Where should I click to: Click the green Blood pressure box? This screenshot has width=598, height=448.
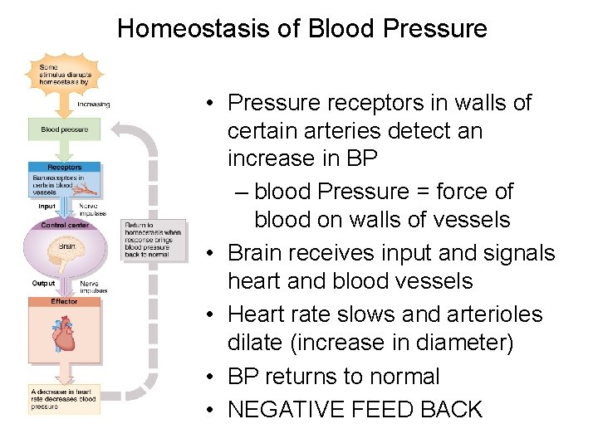[64, 129]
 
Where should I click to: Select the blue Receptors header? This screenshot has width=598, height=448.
[64, 167]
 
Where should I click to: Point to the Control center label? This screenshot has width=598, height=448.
[66, 225]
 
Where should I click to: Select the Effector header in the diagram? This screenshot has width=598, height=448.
[64, 301]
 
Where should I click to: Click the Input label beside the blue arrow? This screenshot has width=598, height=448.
[47, 206]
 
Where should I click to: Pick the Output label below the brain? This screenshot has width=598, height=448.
[44, 284]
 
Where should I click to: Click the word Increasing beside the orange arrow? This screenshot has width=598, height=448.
[93, 105]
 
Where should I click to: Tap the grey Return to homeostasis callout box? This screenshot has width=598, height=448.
[152, 239]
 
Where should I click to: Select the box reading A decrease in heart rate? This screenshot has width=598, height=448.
[64, 399]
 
